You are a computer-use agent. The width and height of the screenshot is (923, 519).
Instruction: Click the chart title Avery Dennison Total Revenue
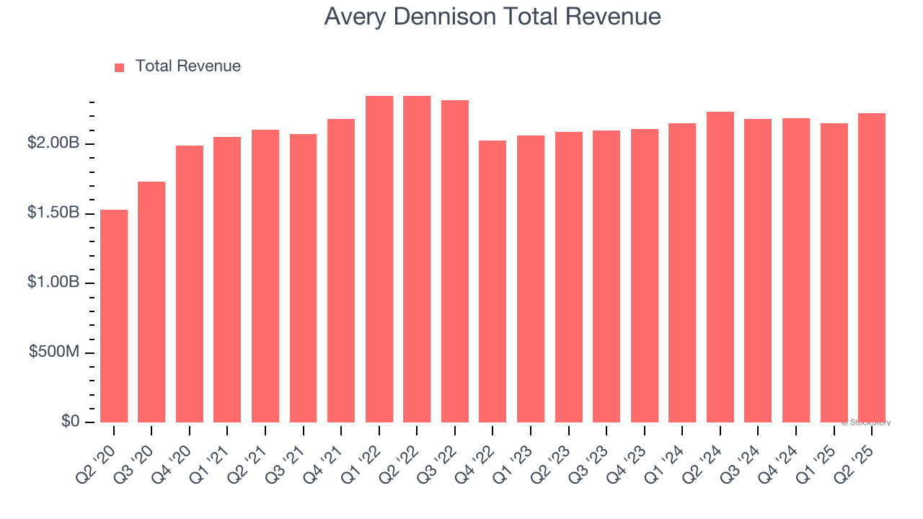click(492, 17)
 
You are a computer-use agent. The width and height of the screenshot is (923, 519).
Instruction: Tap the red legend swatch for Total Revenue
click(119, 67)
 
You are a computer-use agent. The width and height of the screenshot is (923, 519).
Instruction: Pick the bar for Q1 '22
click(379, 259)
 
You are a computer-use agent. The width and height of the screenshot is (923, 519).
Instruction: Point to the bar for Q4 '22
click(493, 281)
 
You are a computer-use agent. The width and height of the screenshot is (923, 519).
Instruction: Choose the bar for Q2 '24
click(720, 267)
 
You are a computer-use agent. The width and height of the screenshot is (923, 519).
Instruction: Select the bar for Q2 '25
click(872, 267)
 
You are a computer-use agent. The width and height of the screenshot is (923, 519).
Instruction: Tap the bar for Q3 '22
click(455, 261)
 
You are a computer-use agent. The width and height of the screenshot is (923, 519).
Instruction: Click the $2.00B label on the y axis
click(53, 143)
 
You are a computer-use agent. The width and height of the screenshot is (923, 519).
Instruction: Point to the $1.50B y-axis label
click(53, 213)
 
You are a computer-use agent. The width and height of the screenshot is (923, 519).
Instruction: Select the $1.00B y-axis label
click(53, 283)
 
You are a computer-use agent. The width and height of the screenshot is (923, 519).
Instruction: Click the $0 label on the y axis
click(70, 421)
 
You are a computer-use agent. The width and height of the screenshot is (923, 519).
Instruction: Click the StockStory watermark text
click(867, 422)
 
